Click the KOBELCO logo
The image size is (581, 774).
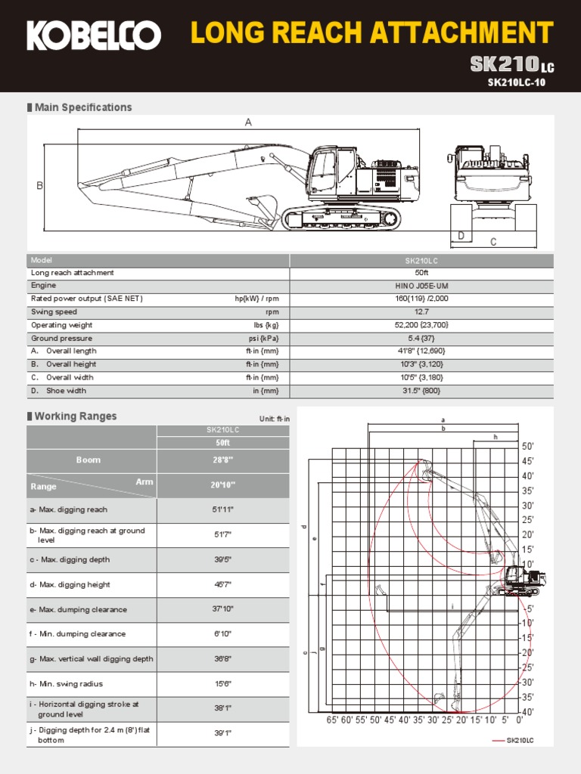(94, 36)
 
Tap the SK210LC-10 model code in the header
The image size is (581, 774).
(516, 82)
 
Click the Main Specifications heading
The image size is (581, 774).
(83, 107)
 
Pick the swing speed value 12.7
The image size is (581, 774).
(421, 312)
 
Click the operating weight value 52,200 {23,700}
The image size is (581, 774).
(421, 325)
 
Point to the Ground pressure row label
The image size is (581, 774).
(61, 339)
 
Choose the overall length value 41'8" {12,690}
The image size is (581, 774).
(421, 351)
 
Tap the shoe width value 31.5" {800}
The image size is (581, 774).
(421, 391)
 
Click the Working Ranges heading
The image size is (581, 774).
(76, 416)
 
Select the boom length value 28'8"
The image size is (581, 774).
(222, 460)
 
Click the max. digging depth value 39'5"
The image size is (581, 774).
(222, 560)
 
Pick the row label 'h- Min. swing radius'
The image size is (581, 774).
(67, 684)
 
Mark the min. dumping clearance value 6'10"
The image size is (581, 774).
(222, 634)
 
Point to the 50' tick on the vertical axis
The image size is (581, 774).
(528, 447)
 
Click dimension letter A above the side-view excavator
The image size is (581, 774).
(248, 122)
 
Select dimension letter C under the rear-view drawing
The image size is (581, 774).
(493, 242)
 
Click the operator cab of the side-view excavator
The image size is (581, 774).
(322, 172)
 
